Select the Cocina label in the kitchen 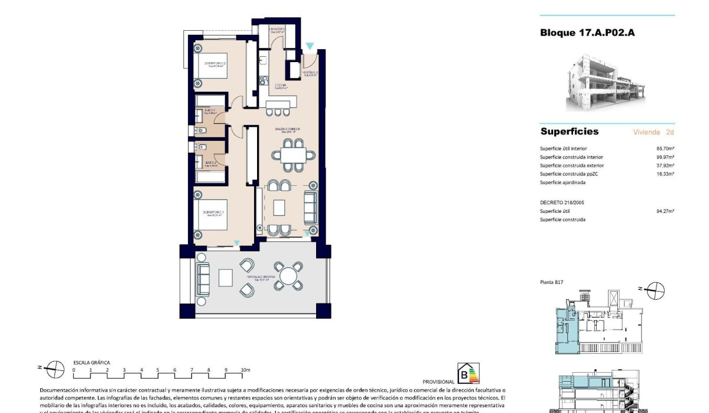tap(281, 86)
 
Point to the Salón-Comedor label tap(287, 130)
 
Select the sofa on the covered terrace tap(203, 278)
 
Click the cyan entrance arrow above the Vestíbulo tap(310, 46)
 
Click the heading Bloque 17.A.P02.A tap(587, 33)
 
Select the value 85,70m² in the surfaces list tap(665, 149)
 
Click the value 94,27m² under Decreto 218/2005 tap(665, 211)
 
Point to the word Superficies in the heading tap(569, 131)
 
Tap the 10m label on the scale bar tap(246, 370)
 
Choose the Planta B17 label tap(552, 283)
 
